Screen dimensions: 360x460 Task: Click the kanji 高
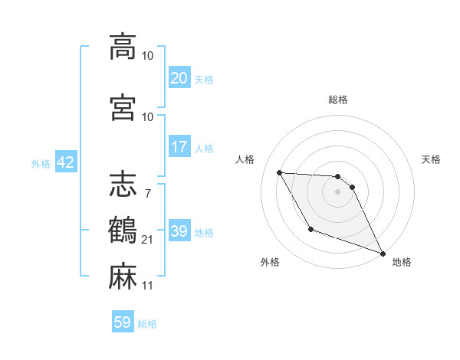(123, 46)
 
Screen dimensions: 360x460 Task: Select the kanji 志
(123, 184)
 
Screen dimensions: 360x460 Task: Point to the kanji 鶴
(123, 230)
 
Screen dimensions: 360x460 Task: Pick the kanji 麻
(123, 276)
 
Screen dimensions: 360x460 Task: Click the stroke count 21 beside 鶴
(148, 240)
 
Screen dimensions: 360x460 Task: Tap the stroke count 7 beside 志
(147, 194)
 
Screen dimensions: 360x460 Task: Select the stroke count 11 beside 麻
(148, 286)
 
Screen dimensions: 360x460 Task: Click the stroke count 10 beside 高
(148, 56)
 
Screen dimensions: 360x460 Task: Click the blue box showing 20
(179, 78)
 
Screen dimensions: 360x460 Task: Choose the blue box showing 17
(179, 147)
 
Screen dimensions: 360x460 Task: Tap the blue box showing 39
(179, 231)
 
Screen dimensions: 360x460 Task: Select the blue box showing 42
(65, 162)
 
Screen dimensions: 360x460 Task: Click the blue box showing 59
(123, 322)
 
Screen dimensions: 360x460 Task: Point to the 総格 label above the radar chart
(338, 100)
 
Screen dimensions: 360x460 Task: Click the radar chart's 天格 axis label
(431, 159)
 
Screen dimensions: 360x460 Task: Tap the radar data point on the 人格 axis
(279, 172)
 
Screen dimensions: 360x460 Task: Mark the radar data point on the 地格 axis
(383, 253)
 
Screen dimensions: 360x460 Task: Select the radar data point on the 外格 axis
(310, 229)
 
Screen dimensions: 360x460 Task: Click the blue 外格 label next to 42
(41, 163)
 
